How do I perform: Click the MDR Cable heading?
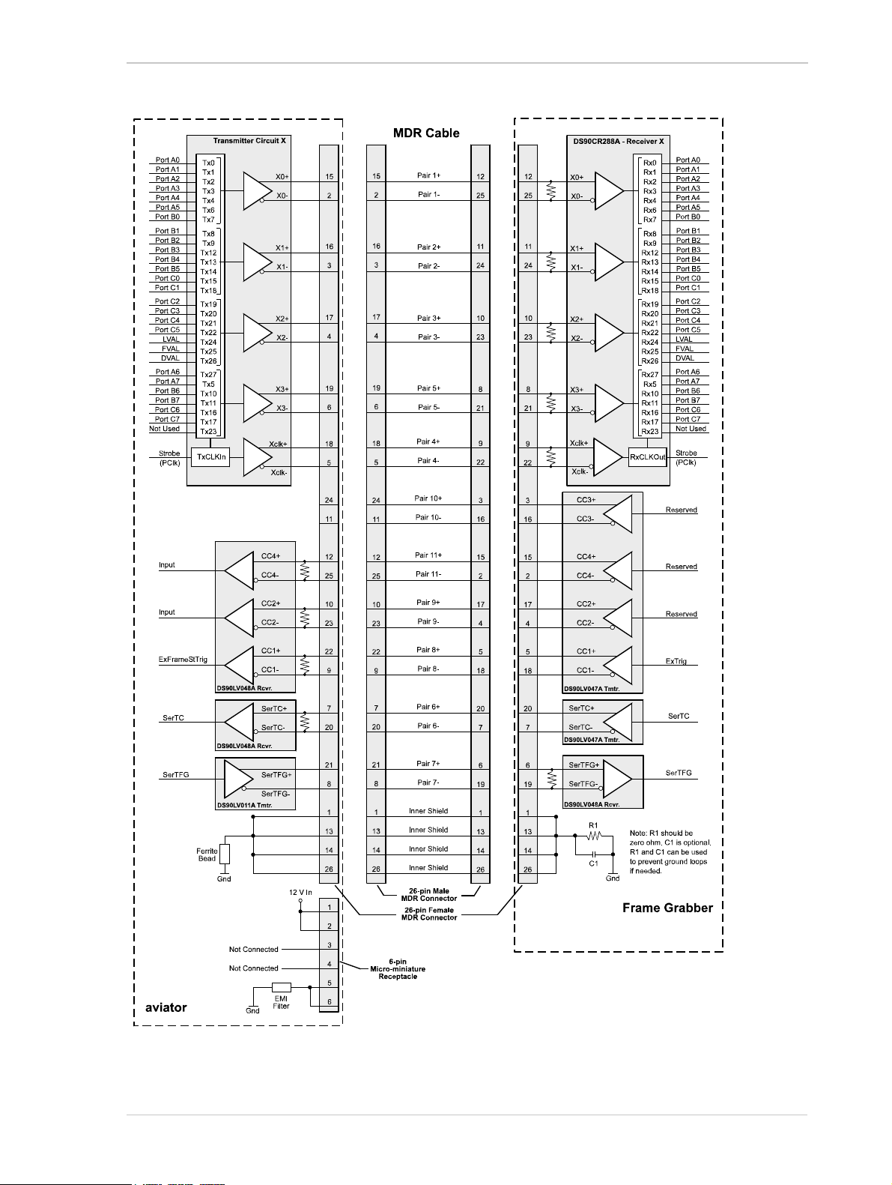[426, 133]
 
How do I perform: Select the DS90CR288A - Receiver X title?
[618, 142]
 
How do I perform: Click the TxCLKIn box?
[211, 456]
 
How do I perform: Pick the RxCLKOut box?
[647, 457]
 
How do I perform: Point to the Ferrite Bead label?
[207, 854]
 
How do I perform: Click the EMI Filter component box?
[282, 987]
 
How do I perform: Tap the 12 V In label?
[300, 893]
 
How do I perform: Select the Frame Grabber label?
[667, 908]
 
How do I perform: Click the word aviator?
[166, 1007]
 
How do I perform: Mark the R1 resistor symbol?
[594, 835]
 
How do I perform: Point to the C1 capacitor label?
[593, 863]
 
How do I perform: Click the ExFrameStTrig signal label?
[183, 660]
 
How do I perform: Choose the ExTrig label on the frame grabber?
[676, 661]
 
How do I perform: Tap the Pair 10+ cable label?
[428, 498]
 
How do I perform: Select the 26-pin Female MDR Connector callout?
[429, 914]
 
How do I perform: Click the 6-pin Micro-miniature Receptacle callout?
[398, 969]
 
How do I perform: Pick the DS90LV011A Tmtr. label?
[245, 805]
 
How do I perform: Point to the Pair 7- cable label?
[428, 783]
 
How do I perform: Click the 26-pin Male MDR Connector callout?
[429, 895]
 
